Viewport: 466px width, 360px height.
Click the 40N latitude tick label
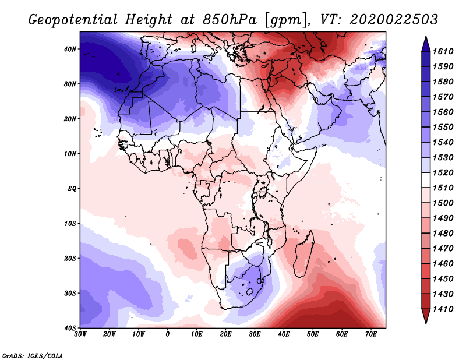(70, 49)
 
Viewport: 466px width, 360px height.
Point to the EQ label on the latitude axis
(72, 189)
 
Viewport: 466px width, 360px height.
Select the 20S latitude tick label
(70, 258)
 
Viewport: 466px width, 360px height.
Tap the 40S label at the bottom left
(70, 328)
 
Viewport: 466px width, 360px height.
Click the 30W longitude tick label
(80, 334)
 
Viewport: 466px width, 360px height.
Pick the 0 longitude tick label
(168, 334)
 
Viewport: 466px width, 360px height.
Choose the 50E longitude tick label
(313, 334)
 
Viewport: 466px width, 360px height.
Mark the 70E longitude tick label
(370, 334)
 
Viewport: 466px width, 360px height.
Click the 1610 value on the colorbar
(443, 51)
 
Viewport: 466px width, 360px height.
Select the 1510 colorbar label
(443, 188)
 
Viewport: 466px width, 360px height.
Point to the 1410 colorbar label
(443, 309)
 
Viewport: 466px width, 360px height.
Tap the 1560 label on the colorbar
(443, 112)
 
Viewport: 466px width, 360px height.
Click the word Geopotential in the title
(73, 20)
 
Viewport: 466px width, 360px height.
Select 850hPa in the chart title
(230, 20)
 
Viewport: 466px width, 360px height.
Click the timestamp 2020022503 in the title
(394, 20)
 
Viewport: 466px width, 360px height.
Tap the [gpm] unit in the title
(287, 20)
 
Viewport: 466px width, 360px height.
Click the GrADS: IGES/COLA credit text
(33, 356)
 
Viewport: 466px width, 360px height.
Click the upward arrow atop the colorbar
(426, 44)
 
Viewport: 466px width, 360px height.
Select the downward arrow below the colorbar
(426, 316)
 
